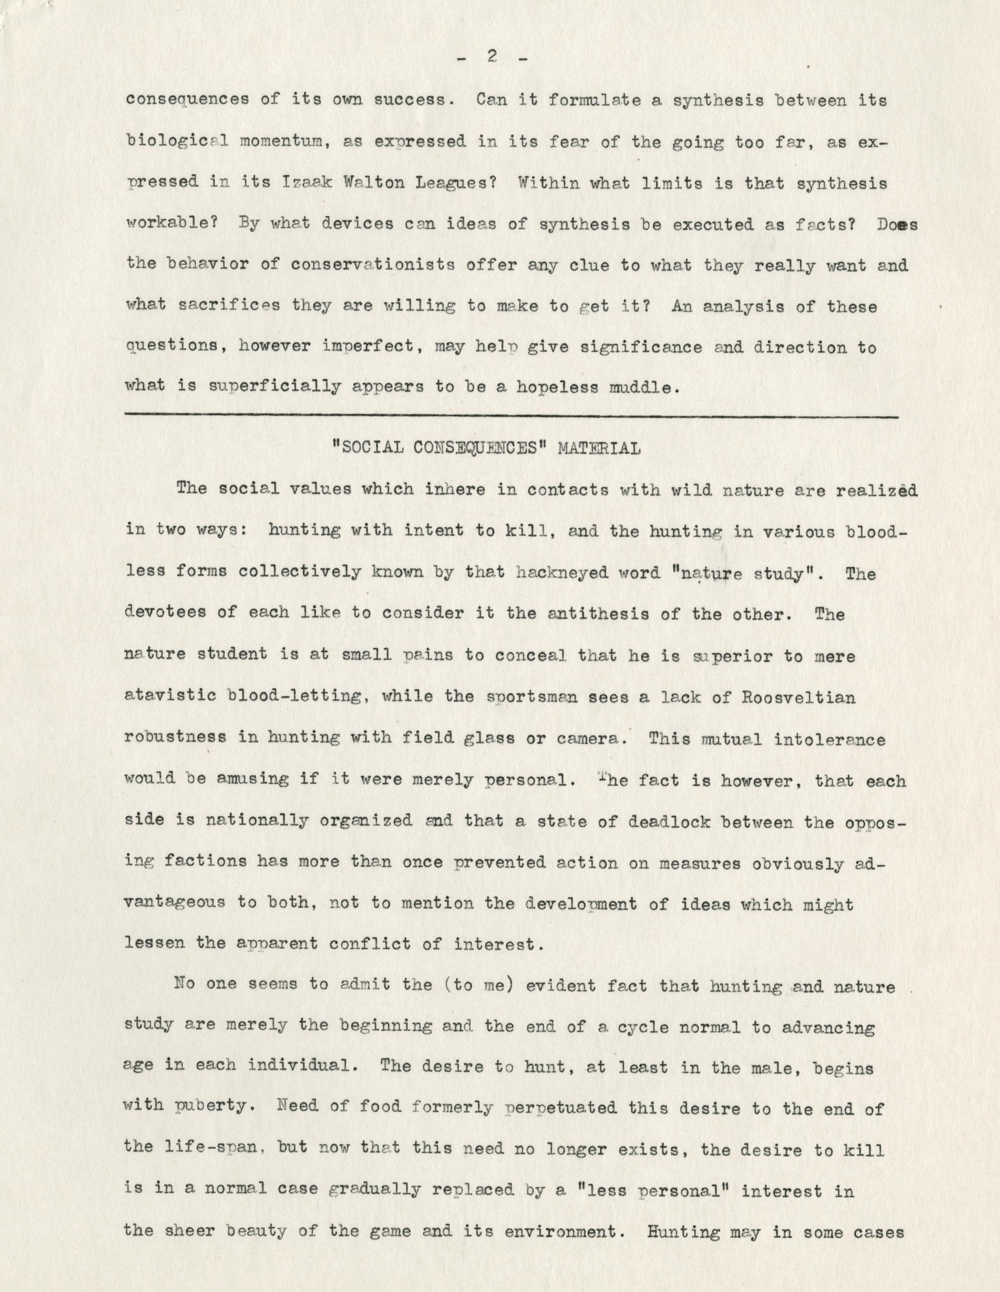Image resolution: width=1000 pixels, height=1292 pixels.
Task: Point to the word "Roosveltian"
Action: click(799, 696)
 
